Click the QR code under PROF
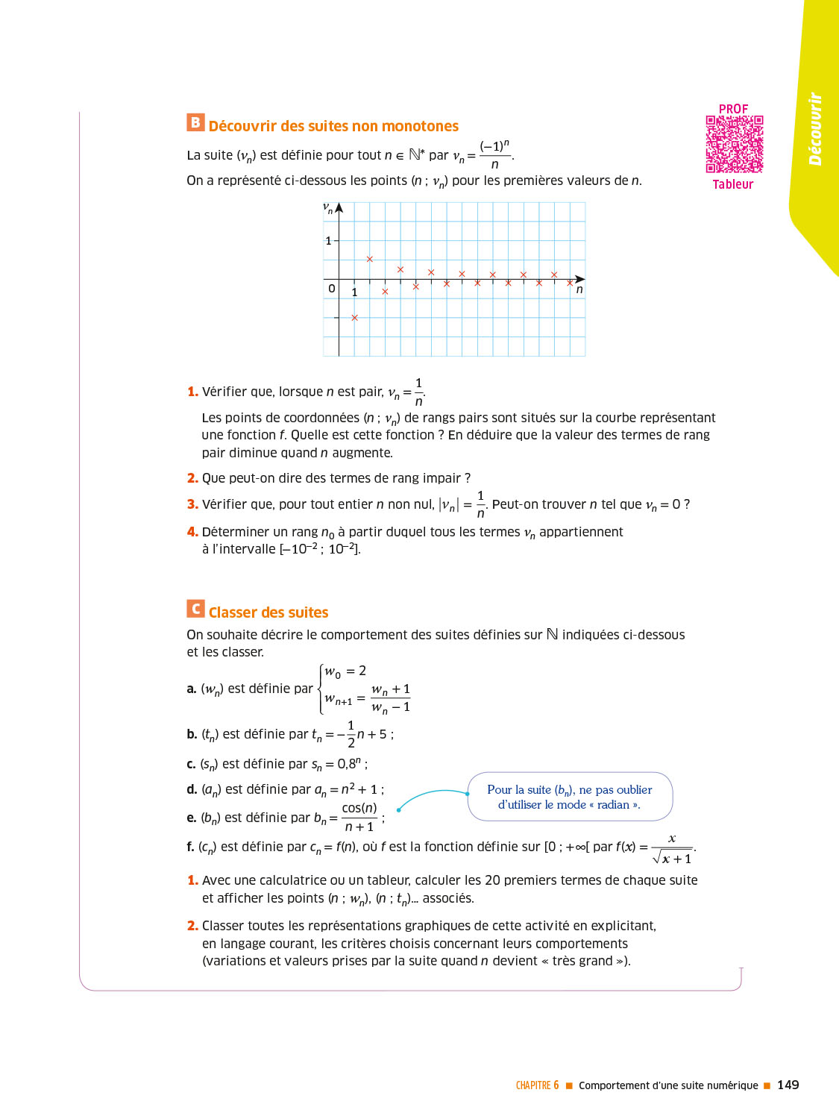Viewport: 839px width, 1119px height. click(x=735, y=144)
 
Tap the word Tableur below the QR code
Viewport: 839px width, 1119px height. click(x=732, y=184)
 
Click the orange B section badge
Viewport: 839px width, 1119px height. click(x=195, y=122)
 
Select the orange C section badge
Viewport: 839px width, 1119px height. click(x=195, y=609)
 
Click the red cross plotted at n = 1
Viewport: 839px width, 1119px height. click(x=355, y=318)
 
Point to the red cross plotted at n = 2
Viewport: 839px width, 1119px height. click(x=370, y=260)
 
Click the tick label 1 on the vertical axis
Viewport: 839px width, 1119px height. click(x=328, y=241)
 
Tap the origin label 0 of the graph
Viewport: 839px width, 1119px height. click(x=332, y=289)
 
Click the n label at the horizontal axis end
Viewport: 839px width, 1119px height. click(x=579, y=289)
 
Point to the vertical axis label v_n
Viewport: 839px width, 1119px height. click(x=327, y=208)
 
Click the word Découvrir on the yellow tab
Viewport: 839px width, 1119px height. click(x=815, y=129)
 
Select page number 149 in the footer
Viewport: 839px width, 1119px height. click(x=788, y=1085)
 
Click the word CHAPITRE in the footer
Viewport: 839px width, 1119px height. click(x=533, y=1085)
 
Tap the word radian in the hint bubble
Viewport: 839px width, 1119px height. click(x=613, y=805)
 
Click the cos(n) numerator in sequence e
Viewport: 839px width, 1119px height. click(x=359, y=808)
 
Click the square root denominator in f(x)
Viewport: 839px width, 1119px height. click(x=672, y=859)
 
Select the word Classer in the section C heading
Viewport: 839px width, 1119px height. click(x=231, y=612)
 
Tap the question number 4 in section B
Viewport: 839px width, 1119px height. click(x=192, y=532)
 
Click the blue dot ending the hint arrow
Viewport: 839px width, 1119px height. click(x=399, y=809)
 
